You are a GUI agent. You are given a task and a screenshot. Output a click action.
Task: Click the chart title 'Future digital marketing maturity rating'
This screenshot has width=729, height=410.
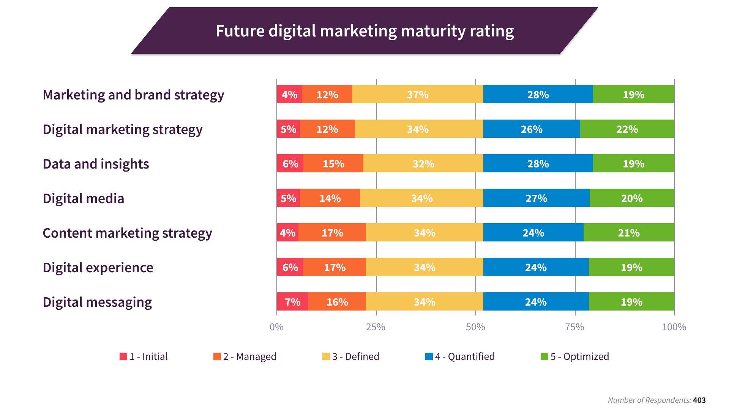point(364,31)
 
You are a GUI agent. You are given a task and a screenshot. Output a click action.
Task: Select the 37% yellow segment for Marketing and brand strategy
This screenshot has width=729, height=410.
point(418,95)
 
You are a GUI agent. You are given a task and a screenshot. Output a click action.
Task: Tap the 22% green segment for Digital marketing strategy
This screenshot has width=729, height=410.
point(627,129)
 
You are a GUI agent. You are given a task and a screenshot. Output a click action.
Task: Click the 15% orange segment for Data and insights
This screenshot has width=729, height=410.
point(333,164)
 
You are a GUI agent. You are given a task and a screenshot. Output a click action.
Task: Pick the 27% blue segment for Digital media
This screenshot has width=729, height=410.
point(536,198)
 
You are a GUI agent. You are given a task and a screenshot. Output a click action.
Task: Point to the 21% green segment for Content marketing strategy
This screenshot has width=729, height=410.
point(629,233)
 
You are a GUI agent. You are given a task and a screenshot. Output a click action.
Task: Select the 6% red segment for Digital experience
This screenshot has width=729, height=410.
point(290,267)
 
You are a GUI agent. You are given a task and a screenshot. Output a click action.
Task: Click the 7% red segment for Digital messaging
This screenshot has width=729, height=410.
point(292,302)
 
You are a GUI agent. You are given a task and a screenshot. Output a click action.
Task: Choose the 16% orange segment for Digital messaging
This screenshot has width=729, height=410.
point(337,302)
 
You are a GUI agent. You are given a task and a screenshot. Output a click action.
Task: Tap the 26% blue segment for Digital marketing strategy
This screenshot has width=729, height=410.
point(532,129)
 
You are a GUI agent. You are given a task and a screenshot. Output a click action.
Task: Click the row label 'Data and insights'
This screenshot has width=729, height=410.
point(96,164)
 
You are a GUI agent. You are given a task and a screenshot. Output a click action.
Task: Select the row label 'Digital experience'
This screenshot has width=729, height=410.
point(98,268)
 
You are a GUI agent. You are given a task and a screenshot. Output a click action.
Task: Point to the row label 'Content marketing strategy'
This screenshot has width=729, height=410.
point(127,233)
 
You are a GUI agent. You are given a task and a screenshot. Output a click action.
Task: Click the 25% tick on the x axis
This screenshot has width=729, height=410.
point(376,327)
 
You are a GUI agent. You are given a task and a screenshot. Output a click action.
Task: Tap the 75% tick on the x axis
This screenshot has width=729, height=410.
point(575,327)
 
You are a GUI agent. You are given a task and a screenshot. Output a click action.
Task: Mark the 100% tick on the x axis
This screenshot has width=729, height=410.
point(674,327)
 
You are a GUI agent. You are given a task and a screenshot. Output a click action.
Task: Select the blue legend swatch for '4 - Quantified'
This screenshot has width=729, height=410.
point(429,356)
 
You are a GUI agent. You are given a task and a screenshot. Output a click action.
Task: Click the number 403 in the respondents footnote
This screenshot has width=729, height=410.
point(699,400)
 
